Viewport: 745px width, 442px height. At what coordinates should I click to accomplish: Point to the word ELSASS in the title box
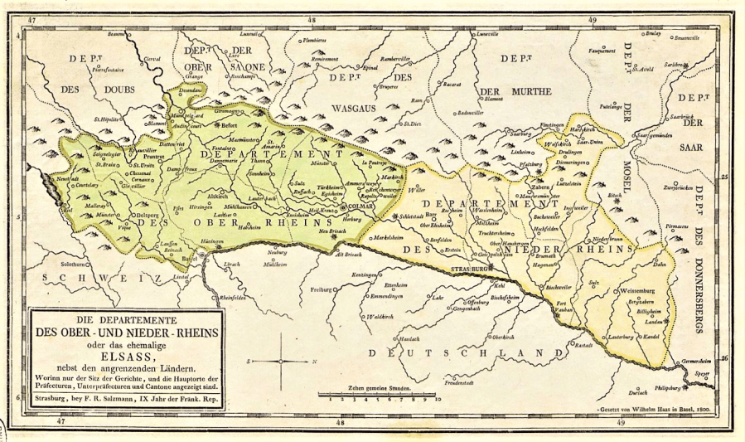[123, 349]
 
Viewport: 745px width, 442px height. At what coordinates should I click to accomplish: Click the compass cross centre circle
[281, 362]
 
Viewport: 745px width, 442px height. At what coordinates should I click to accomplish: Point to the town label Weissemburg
[638, 291]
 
